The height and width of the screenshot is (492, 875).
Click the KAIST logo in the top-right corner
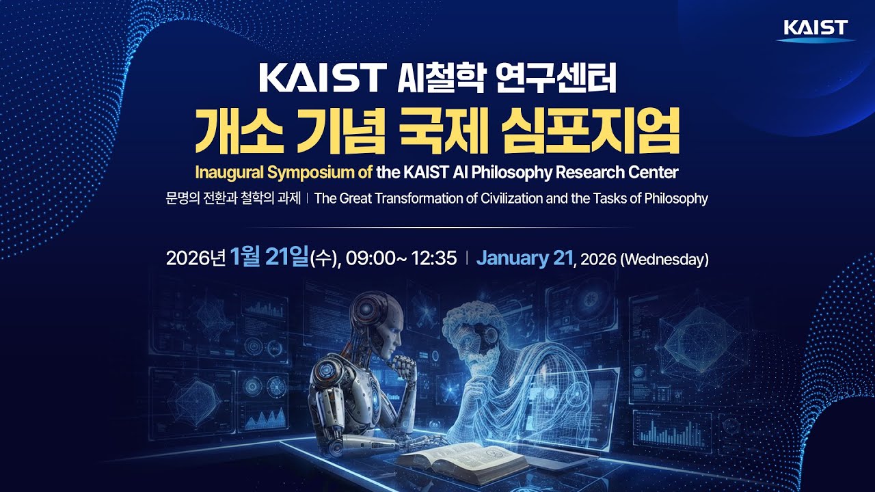[816, 29]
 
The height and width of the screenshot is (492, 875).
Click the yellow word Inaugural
[228, 172]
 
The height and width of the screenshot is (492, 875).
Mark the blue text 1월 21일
[270, 258]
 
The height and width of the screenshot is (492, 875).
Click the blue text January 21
[526, 258]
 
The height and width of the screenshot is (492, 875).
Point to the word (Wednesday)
[664, 260]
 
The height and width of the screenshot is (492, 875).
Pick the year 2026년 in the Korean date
[196, 259]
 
